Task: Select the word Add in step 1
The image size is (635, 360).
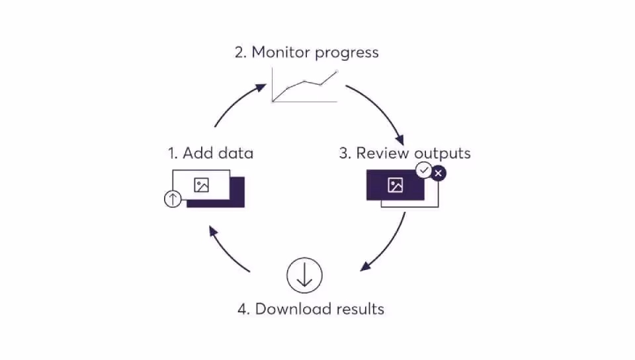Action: pos(196,154)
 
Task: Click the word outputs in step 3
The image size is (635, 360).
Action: pos(442,154)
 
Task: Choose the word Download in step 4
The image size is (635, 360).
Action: pos(289,309)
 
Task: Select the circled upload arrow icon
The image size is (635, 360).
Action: pos(173,198)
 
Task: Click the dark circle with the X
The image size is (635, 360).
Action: pos(439,173)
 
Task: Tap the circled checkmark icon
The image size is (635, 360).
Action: pos(423,171)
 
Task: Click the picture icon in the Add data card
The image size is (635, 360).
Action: pos(202,185)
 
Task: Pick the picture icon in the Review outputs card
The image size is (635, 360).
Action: pos(396,185)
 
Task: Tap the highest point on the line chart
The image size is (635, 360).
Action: pos(337,71)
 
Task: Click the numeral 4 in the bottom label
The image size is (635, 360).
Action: pos(243,309)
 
